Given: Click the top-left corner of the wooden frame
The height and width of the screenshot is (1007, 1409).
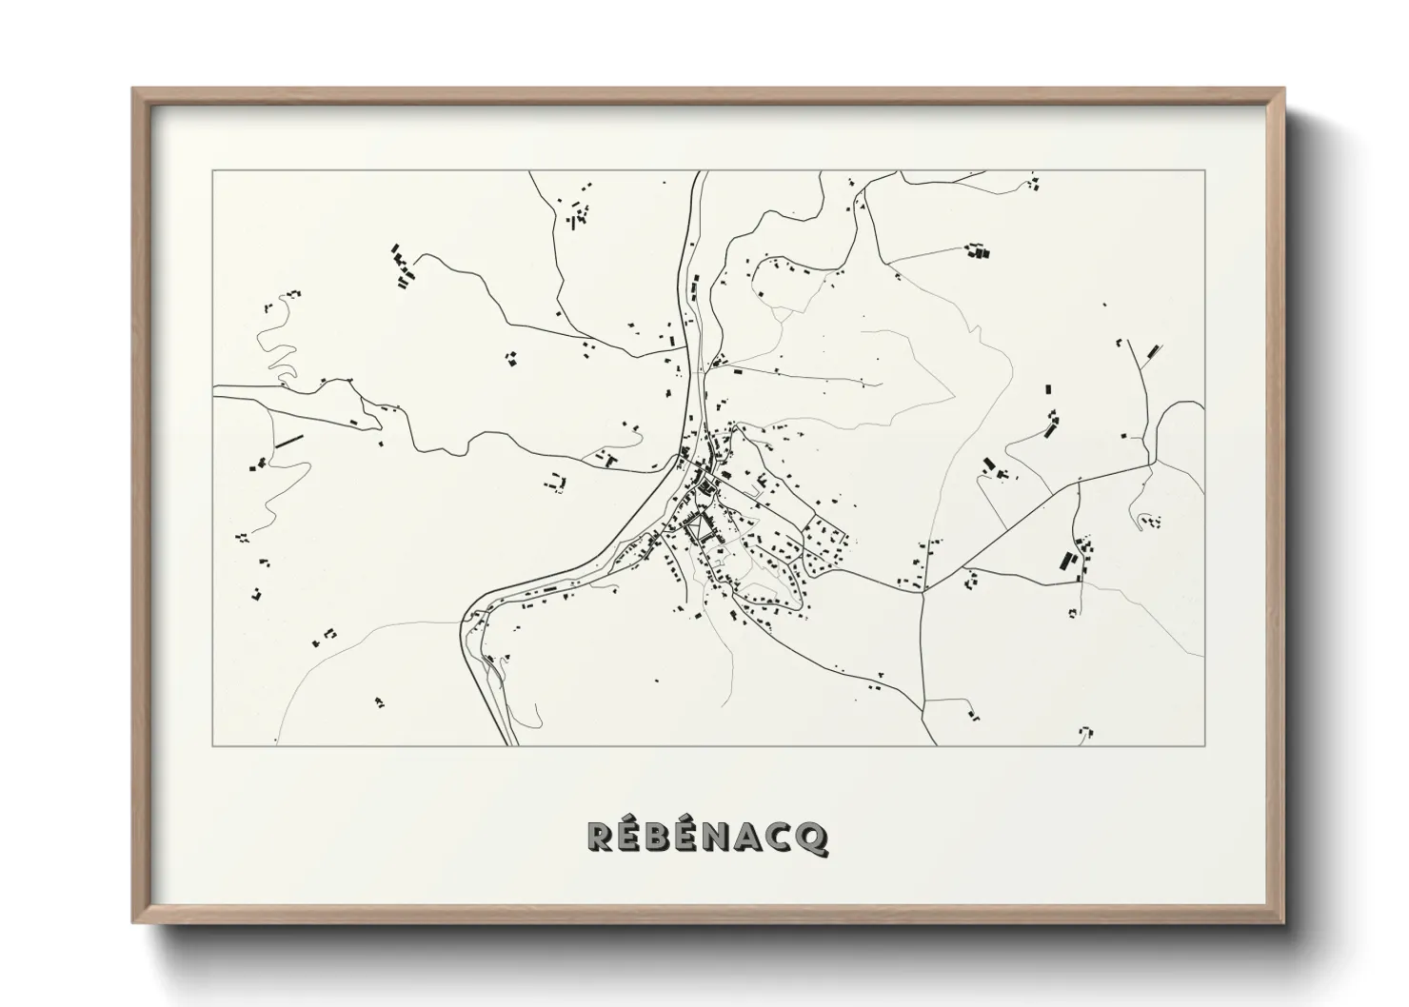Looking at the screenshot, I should [133, 89].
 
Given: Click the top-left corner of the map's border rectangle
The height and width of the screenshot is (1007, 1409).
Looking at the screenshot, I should [212, 171].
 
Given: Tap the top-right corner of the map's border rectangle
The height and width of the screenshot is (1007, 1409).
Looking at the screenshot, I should [1204, 171].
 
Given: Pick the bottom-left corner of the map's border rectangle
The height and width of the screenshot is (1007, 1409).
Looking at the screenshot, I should [212, 745].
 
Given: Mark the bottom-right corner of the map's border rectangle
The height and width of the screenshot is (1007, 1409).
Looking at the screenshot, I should [1204, 745].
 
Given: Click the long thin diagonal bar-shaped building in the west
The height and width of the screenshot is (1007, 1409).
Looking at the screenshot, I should [288, 442].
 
